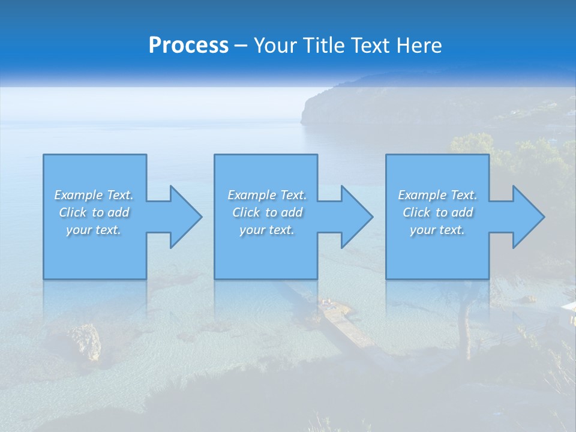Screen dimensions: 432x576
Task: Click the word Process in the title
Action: [x=188, y=46]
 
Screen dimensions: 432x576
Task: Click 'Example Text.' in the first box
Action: [x=94, y=195]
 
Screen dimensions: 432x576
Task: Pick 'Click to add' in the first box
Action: [x=94, y=212]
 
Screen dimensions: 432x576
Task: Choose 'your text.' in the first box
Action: [x=94, y=230]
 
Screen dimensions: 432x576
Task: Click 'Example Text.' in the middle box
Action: [x=267, y=195]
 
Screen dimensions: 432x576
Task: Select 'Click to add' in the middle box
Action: [x=267, y=212]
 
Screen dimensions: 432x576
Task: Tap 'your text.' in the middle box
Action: [x=267, y=230]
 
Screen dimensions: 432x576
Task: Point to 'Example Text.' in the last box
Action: [x=437, y=195]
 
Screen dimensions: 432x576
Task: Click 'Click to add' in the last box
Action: [x=437, y=212]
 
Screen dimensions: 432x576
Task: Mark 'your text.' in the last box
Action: [x=437, y=230]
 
